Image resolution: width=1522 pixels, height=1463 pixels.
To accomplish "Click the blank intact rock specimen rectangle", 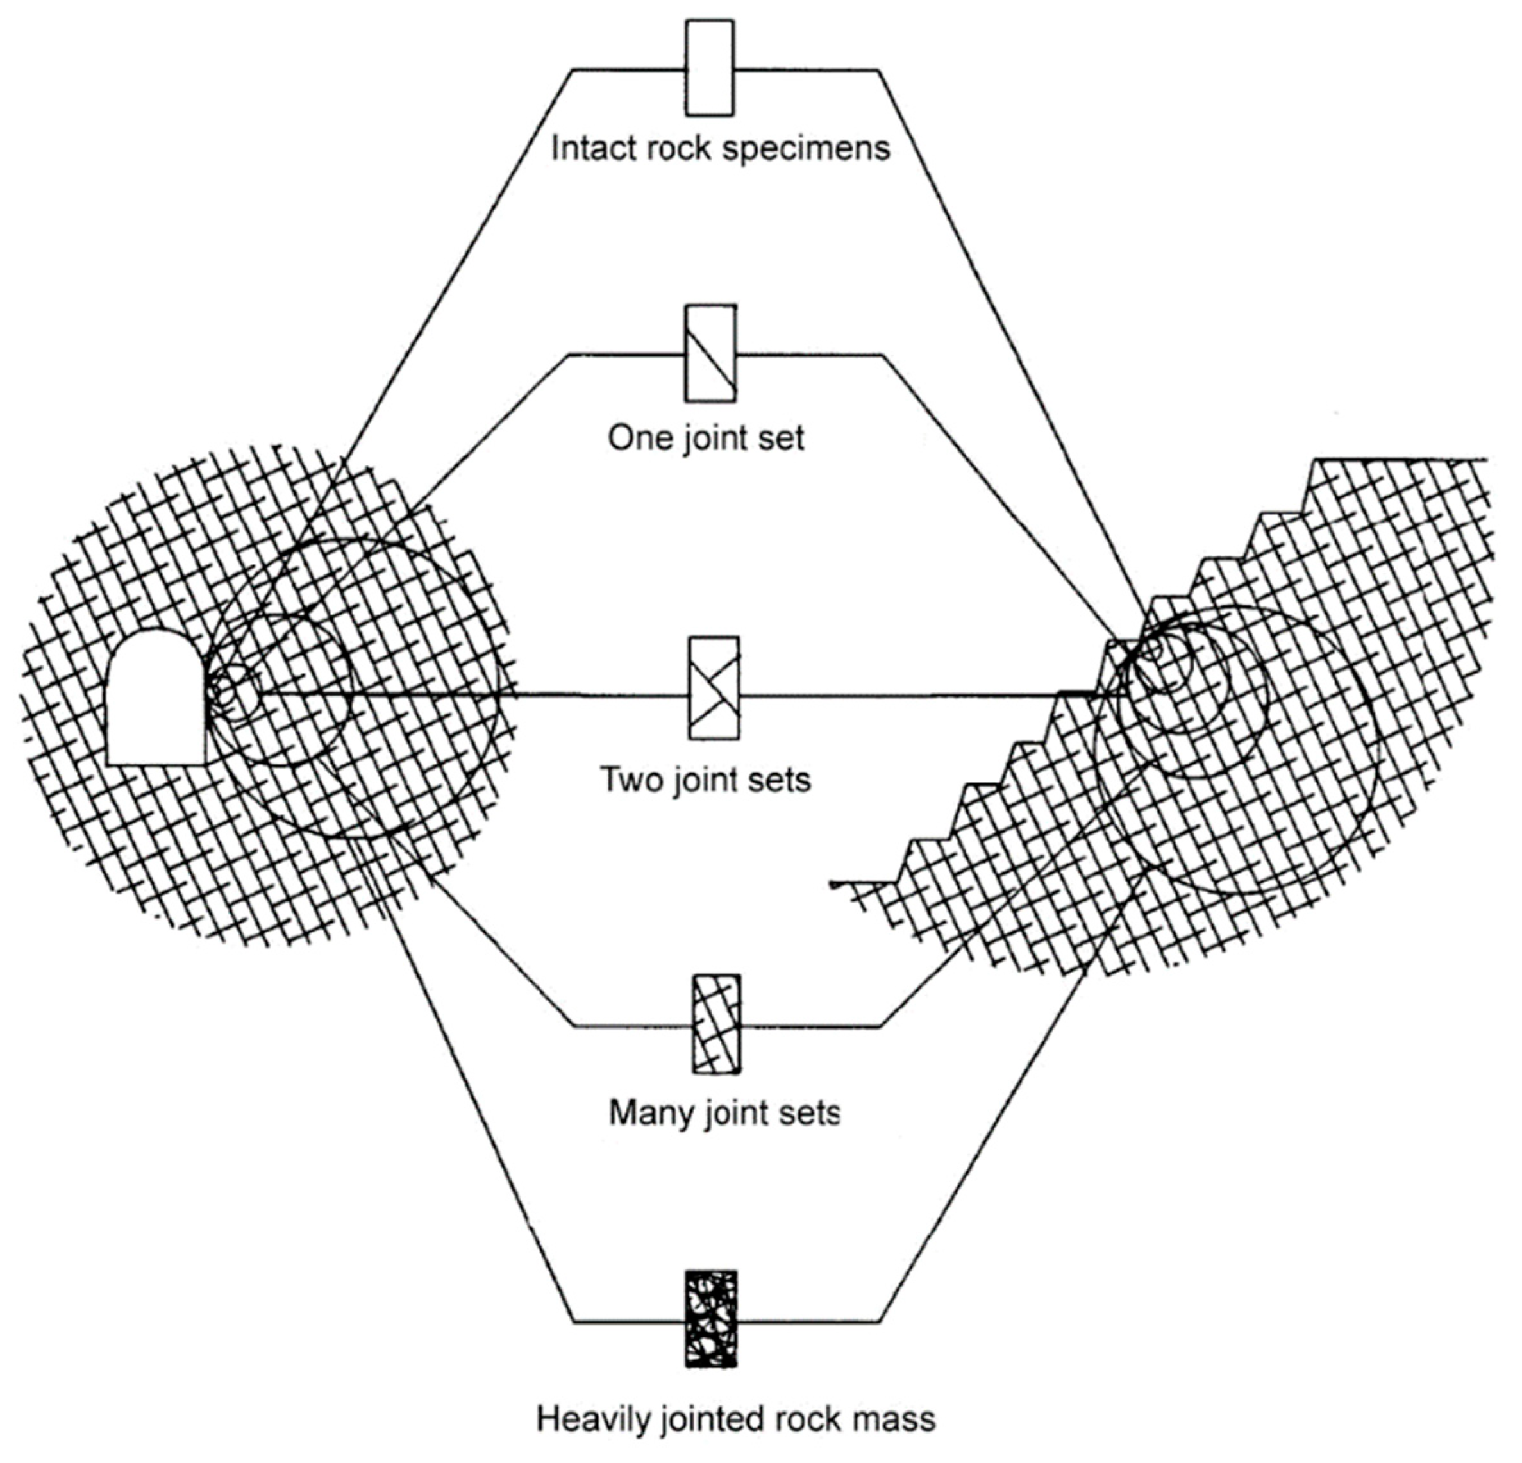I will coord(709,69).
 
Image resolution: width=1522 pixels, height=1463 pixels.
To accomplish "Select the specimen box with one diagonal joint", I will coord(710,353).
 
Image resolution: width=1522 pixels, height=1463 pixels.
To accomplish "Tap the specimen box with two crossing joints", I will coord(714,688).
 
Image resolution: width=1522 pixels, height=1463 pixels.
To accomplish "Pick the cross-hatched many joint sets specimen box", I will coord(716,1025).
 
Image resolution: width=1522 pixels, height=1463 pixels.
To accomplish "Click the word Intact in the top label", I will coord(587,147).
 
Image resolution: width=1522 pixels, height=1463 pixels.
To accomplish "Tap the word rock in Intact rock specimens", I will coord(677,147).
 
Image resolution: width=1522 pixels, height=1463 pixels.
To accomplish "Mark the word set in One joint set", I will coord(780,438).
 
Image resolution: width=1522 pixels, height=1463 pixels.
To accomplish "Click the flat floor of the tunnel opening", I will coord(155,762).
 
